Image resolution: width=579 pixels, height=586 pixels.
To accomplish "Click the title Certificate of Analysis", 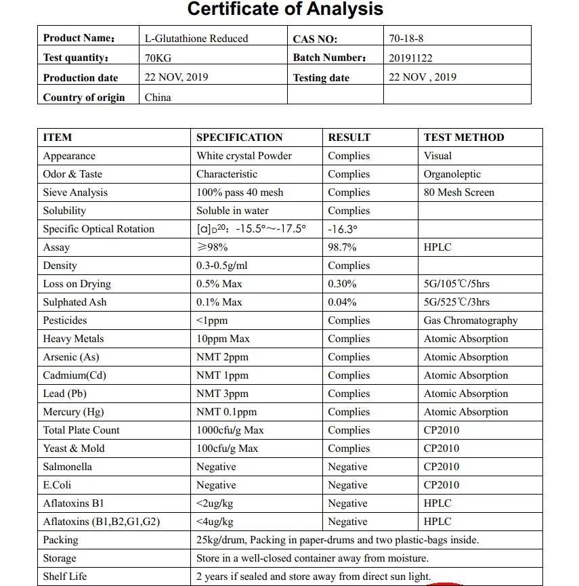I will tap(285, 9).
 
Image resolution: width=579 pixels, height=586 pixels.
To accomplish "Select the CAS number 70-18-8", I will tap(406, 39).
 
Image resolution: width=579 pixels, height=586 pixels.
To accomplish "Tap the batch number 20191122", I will tap(410, 58).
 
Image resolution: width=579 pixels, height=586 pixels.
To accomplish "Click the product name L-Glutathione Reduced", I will tap(196, 39).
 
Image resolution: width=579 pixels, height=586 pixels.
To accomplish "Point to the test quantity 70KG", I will tap(158, 58).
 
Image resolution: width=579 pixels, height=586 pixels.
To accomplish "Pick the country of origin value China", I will tap(158, 98).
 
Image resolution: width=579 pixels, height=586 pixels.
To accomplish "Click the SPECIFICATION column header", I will tap(239, 138).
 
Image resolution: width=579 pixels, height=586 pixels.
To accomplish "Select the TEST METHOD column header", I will tap(464, 138).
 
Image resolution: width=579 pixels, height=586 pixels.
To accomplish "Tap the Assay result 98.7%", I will tap(342, 247).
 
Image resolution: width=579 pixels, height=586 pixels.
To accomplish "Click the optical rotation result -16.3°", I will tap(343, 229).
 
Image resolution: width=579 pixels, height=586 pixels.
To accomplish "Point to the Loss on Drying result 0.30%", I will tap(342, 284).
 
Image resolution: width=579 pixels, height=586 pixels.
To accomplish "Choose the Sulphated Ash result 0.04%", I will tap(342, 302).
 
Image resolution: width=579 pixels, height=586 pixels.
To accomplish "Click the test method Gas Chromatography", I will tap(471, 320).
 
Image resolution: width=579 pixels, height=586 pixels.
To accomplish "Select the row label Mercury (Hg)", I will tap(73, 412).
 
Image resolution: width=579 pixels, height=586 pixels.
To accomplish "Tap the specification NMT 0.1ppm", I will tap(226, 412).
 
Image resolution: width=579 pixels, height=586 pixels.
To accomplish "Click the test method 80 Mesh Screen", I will tap(459, 192).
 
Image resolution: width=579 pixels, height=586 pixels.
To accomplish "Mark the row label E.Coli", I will tap(57, 485).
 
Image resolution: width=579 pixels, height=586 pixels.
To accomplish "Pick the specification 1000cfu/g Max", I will tap(230, 430).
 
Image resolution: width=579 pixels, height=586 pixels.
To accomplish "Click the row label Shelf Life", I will tap(65, 577).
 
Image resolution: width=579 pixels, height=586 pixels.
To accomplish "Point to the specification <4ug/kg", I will tap(215, 522).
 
